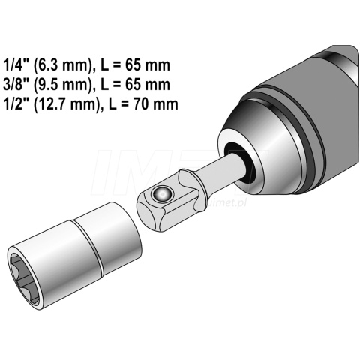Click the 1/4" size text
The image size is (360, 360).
16,65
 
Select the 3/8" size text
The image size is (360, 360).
16,84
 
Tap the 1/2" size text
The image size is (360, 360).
16,103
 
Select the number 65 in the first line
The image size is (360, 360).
133,65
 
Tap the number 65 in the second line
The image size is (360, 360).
133,85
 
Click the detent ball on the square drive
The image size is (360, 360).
162,193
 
